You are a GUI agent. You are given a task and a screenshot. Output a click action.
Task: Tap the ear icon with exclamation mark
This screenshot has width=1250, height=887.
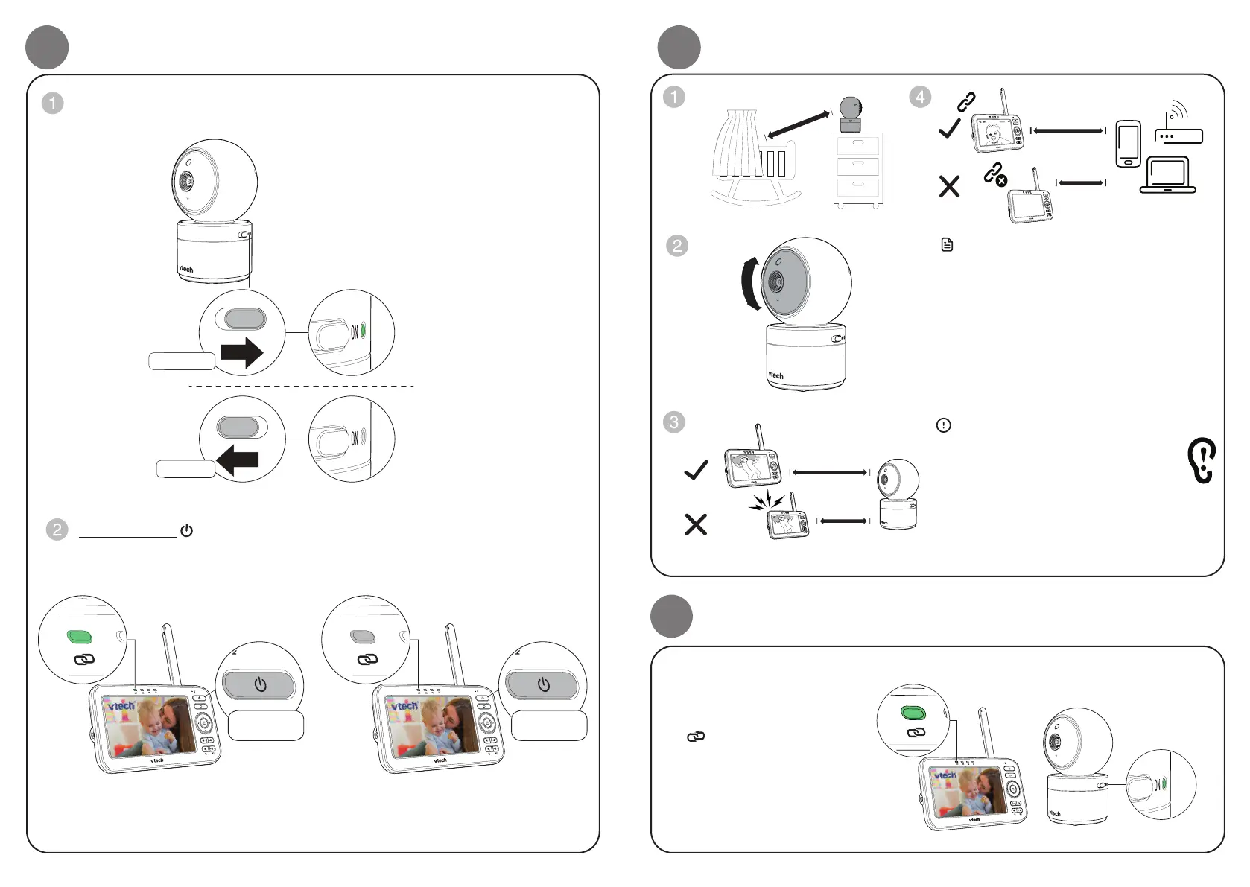(1202, 460)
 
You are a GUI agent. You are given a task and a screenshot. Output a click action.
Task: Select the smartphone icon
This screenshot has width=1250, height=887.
(1128, 144)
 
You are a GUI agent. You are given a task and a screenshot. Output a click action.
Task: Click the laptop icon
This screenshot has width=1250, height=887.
(1167, 176)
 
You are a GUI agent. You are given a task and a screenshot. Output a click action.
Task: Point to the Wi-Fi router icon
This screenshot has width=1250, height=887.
(1177, 125)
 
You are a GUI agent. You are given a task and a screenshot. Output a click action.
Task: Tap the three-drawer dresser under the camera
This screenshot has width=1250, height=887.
(857, 170)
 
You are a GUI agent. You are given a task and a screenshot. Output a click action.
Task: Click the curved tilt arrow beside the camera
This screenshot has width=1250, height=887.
(751, 284)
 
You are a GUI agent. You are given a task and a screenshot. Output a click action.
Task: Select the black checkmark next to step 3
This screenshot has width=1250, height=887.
(696, 470)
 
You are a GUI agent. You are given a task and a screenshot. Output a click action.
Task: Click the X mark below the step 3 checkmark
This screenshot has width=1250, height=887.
(696, 525)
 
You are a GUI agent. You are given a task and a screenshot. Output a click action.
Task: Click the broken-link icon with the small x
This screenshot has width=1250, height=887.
(995, 176)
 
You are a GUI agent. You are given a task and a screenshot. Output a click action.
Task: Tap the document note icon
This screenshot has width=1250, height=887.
(947, 244)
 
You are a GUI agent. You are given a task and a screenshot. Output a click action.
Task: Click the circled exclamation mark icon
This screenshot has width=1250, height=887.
(943, 425)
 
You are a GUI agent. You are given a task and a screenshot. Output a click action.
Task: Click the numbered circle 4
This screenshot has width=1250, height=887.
(920, 97)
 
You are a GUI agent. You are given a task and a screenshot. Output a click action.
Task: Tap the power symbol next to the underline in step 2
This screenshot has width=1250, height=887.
(186, 531)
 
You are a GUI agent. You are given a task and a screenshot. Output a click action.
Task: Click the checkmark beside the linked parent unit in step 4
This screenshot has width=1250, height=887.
(949, 129)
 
